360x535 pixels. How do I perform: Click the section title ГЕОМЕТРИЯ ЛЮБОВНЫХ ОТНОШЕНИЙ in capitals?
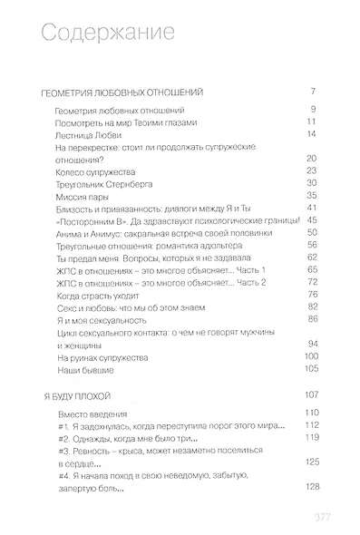click(x=129, y=93)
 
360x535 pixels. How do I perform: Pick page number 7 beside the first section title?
click(x=313, y=93)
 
